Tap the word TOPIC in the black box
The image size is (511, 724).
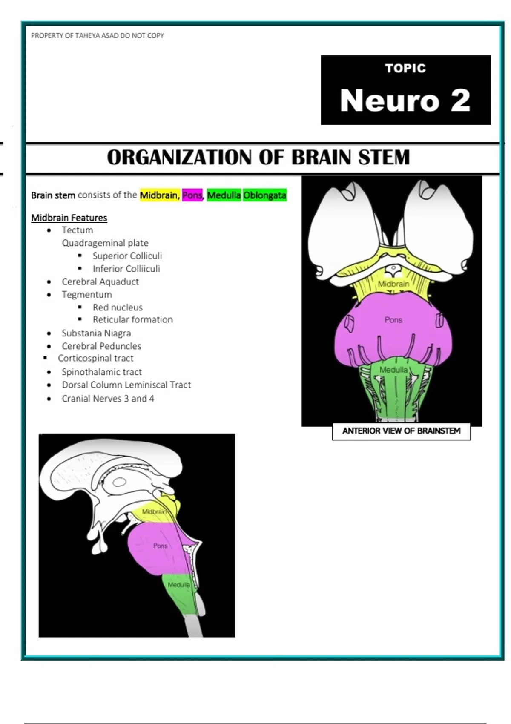tap(405, 68)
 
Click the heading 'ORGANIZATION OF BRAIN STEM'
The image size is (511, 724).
tap(258, 158)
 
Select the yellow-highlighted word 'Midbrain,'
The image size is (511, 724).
tap(160, 195)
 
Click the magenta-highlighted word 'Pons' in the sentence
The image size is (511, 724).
tap(192, 195)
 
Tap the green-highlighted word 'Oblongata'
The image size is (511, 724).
tap(265, 195)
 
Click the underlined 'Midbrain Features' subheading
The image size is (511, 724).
tap(69, 218)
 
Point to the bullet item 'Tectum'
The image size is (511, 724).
tap(77, 230)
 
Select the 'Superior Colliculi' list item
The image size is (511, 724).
tap(127, 256)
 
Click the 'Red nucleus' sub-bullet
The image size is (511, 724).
tap(118, 307)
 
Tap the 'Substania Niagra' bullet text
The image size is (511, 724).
tap(96, 333)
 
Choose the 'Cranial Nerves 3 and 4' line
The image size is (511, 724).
tap(108, 399)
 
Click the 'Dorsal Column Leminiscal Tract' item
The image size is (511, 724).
tap(126, 385)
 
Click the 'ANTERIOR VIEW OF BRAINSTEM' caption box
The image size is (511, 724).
tap(401, 431)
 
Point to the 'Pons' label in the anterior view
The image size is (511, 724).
tap(393, 320)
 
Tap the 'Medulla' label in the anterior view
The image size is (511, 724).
tap(393, 370)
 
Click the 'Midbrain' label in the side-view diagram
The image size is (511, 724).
tap(154, 511)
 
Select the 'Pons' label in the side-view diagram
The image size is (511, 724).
tap(160, 546)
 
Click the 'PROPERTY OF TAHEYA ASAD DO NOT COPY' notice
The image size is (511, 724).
tap(98, 35)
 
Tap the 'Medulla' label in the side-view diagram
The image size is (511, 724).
tap(179, 584)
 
